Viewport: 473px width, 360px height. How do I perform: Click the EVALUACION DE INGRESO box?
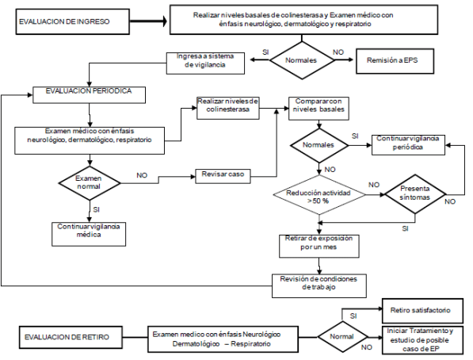(x=73, y=21)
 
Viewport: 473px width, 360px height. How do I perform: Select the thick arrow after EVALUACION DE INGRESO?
(x=148, y=21)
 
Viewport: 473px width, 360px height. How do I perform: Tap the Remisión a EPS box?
(x=395, y=61)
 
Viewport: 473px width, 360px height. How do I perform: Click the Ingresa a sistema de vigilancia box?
(x=205, y=63)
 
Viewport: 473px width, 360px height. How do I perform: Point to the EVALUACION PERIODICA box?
(x=89, y=95)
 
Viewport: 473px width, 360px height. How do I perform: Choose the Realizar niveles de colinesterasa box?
(x=228, y=108)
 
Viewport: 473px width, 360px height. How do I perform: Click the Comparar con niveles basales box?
(x=319, y=108)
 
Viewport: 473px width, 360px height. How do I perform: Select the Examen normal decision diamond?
(x=90, y=182)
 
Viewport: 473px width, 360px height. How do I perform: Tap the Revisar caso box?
(x=223, y=176)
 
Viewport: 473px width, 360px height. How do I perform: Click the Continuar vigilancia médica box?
(x=89, y=234)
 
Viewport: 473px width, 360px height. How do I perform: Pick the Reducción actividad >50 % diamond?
(x=319, y=195)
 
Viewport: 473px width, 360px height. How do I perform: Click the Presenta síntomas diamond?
(x=415, y=194)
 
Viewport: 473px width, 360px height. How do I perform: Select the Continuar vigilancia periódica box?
(x=408, y=145)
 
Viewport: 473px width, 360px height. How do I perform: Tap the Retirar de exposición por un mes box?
(x=319, y=246)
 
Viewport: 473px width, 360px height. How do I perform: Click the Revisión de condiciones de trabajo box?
(x=319, y=285)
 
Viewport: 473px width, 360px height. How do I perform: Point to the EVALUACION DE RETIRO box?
(x=71, y=337)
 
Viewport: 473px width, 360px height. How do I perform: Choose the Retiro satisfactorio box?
(x=422, y=311)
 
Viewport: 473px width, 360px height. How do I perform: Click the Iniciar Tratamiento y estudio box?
(x=422, y=340)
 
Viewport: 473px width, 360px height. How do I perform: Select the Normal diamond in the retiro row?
(x=342, y=336)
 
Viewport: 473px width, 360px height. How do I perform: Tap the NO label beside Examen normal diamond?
(x=142, y=175)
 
